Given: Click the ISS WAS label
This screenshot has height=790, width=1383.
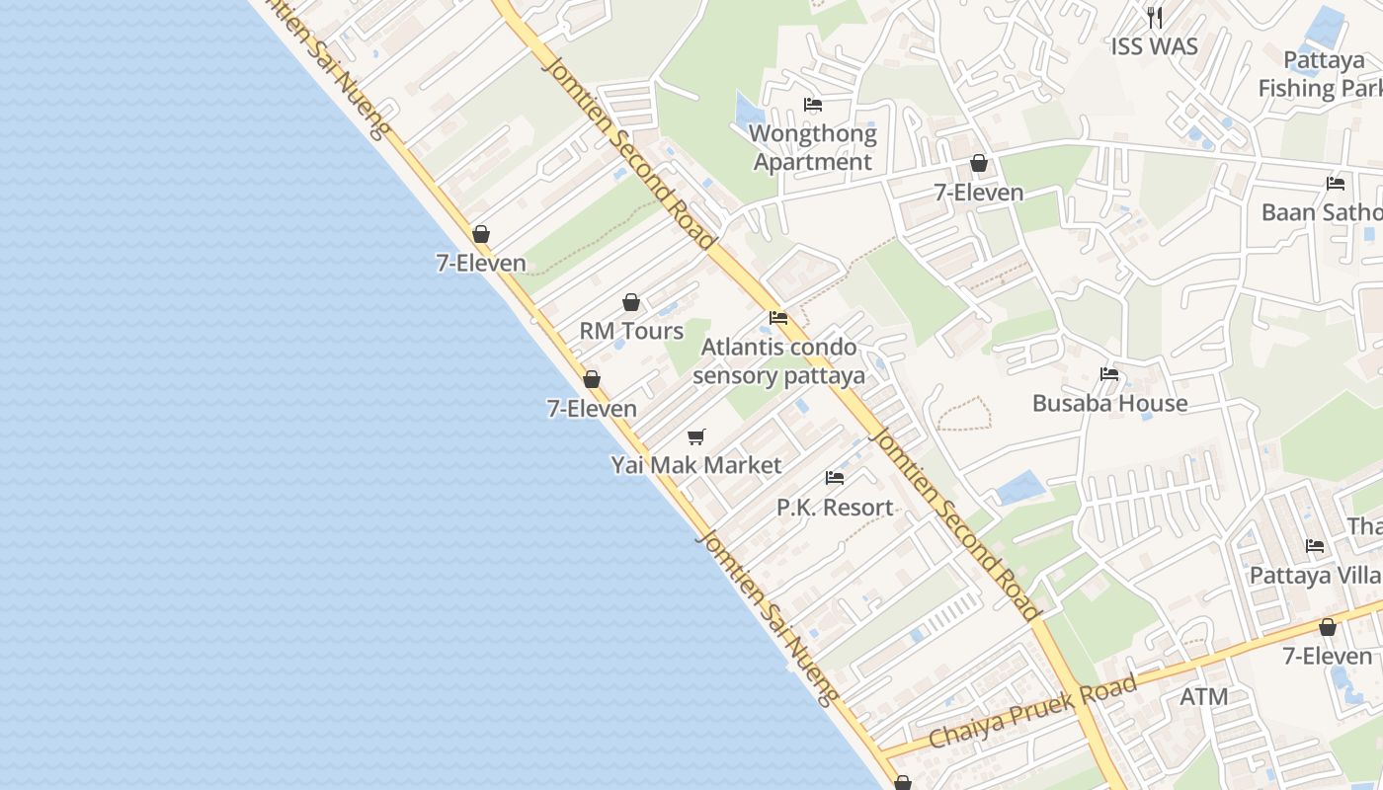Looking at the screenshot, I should [x=1154, y=46].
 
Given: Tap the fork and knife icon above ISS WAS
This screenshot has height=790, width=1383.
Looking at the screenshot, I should [x=1154, y=17].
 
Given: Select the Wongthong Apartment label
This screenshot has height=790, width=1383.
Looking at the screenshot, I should [x=812, y=147].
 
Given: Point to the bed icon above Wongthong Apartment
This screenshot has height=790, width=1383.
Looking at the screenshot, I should [x=813, y=104].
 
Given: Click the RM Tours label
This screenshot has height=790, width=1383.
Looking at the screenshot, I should [x=631, y=331].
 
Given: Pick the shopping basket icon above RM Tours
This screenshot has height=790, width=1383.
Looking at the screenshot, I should [x=631, y=302].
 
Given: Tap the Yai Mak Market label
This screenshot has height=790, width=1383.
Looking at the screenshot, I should [x=696, y=465].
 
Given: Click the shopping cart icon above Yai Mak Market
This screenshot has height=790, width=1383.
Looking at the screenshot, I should [x=696, y=436].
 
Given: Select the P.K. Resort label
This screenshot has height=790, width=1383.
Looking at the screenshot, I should [x=835, y=508].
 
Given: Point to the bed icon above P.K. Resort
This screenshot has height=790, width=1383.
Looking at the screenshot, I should [x=835, y=478].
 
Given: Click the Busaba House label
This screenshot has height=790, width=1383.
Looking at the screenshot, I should [x=1109, y=403].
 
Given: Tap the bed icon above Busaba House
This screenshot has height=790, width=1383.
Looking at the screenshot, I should [x=1109, y=374].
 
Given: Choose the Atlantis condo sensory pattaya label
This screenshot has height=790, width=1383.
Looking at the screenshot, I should [x=778, y=361].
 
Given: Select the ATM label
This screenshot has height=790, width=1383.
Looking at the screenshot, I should [x=1204, y=696].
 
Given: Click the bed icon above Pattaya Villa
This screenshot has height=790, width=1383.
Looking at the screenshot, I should [x=1315, y=546].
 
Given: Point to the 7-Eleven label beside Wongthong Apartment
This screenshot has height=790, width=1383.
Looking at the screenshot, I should [x=979, y=192].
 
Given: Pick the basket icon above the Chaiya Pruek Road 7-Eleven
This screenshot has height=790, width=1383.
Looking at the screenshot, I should [x=1328, y=627].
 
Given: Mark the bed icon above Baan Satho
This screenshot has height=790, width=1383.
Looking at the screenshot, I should [x=1336, y=184].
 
